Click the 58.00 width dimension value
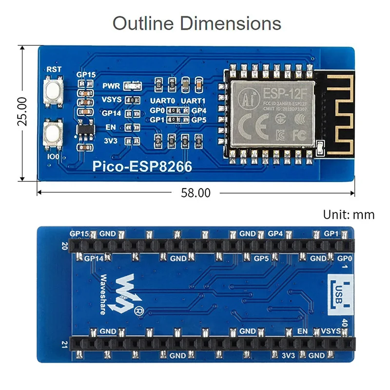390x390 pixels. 195,193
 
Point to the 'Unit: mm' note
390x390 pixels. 349,214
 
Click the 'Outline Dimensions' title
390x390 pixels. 197,23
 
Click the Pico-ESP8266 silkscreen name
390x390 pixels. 142,167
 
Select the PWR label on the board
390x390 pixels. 111,86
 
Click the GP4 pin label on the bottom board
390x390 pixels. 275,234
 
